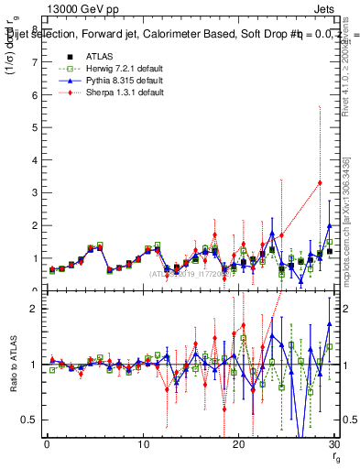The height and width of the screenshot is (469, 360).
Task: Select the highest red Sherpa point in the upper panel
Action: coord(320,182)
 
